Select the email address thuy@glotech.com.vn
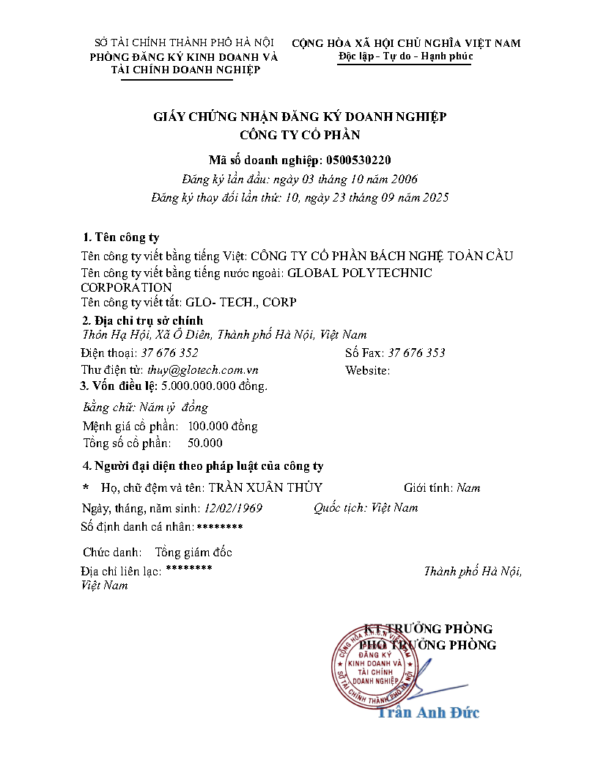(203, 370)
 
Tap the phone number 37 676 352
(170, 353)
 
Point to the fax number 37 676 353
(416, 353)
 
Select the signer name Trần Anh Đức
(429, 712)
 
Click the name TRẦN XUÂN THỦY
(265, 487)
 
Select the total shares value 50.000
(205, 443)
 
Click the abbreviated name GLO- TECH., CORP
(241, 302)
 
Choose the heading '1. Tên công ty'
(121, 237)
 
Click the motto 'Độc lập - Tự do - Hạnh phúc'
(405, 56)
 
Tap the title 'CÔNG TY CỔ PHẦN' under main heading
(300, 134)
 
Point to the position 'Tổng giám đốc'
(193, 552)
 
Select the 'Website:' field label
(367, 370)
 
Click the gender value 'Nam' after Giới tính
(468, 487)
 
